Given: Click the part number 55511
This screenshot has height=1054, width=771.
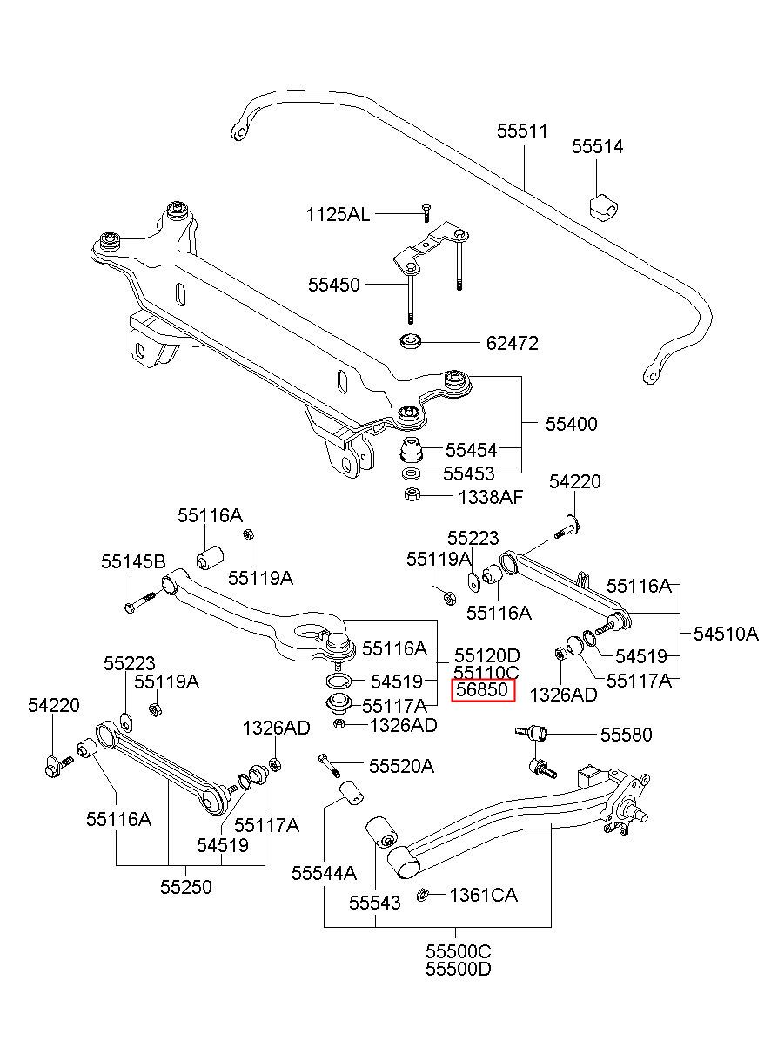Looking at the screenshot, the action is point(522,131).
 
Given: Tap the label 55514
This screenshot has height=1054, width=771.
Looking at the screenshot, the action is point(598,146).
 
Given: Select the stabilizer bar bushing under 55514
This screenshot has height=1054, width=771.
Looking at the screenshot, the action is point(604,205).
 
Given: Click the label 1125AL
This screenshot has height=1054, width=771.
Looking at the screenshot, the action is point(338,215).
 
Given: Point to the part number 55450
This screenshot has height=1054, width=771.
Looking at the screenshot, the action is point(334,285).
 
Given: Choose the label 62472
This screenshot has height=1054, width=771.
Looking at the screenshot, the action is point(513,343).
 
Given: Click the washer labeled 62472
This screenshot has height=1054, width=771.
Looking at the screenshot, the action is point(411,340).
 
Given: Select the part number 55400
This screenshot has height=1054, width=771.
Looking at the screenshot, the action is point(572,424).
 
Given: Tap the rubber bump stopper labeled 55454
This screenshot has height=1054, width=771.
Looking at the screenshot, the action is point(411,451).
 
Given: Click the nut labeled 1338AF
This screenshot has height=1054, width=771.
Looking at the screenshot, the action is point(412,495).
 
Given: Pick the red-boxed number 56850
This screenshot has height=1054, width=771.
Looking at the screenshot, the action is point(483,690).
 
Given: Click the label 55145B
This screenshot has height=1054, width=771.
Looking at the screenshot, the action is point(134,561).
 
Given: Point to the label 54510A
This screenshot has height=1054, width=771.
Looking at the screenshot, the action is point(727,634).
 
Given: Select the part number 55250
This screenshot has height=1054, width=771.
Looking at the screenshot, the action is point(186,887).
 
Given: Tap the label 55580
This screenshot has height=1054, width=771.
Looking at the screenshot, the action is point(627,735).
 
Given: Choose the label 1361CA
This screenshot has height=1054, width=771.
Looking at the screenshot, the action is point(484,895).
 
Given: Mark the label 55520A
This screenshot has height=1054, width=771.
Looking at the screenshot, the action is point(401,767).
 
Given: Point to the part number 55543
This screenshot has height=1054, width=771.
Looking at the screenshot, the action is point(375,903).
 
